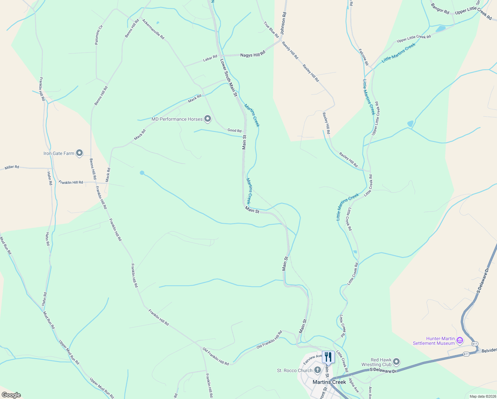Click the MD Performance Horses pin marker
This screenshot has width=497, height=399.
coord(208,119)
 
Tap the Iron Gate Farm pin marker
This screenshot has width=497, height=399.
coord(79,153)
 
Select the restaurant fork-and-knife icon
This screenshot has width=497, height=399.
coord(328,357)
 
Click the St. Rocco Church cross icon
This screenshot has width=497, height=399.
coord(318,370)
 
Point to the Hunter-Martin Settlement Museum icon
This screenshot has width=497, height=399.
coord(460,340)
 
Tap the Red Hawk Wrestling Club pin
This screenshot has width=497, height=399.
coord(396,362)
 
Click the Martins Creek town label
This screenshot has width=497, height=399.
coord(329,382)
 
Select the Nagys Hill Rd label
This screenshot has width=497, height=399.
coord(253,54)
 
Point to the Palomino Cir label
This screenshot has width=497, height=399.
coord(99,35)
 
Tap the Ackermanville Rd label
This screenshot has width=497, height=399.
coord(153,29)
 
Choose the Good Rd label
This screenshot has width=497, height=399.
coord(234,131)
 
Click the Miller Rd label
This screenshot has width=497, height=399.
coord(12,167)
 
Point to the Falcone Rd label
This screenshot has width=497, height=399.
coord(363,57)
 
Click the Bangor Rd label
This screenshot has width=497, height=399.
coord(440,9)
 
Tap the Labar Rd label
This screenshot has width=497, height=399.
coord(210,59)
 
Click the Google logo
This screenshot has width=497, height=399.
coord(11,395)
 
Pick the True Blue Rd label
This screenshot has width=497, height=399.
coord(271,30)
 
